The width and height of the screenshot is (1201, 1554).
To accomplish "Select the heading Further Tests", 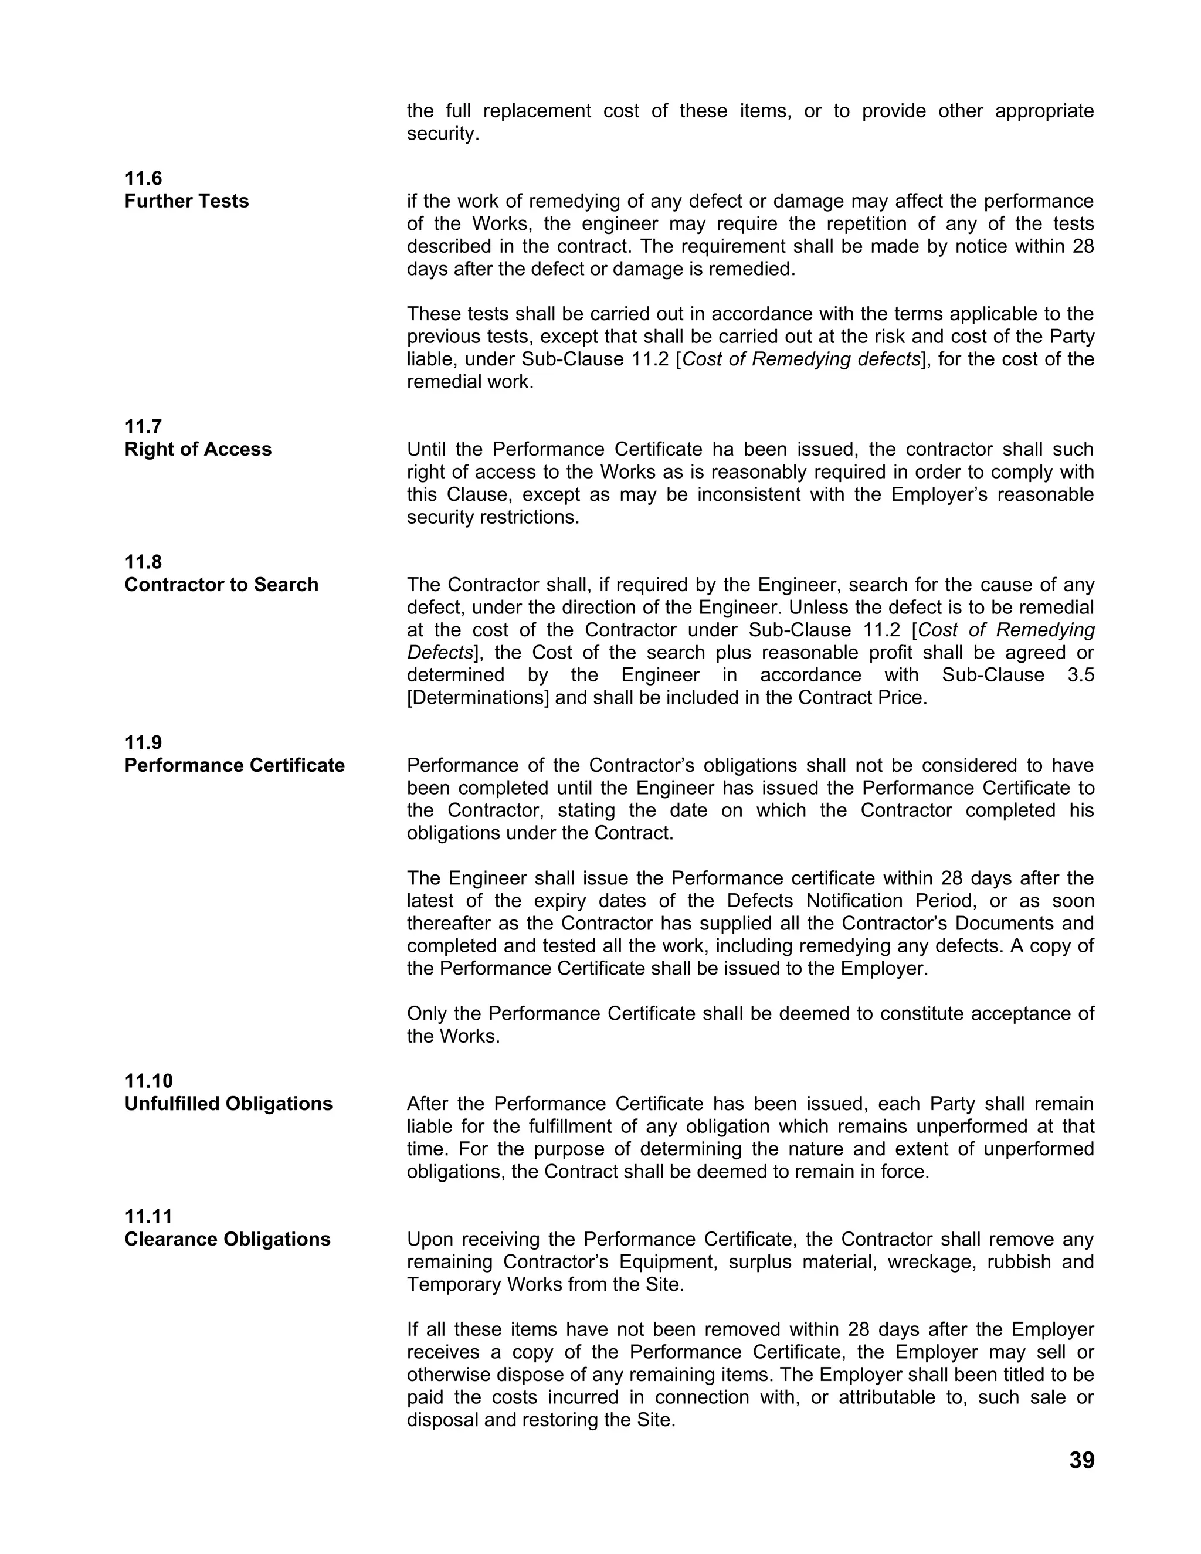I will (x=186, y=201).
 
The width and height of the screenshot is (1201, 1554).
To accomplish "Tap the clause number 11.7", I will (x=143, y=426).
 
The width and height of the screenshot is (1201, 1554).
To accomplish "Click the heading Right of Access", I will (x=198, y=449).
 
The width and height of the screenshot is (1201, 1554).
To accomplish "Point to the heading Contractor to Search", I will (x=221, y=584).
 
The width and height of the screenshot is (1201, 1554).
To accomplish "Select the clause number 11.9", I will (x=143, y=742).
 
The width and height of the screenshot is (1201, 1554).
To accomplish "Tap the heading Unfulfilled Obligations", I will (x=228, y=1104).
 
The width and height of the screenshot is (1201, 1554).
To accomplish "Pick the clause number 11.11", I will (x=148, y=1216).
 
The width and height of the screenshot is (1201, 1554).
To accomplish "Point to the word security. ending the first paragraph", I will (x=443, y=134).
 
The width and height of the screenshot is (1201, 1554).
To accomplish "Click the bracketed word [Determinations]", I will (x=478, y=697).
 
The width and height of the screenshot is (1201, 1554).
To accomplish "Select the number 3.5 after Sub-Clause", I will (x=1081, y=674).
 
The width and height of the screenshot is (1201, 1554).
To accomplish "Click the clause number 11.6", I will (x=143, y=178).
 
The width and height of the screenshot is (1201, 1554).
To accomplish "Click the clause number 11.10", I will (x=148, y=1081).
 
